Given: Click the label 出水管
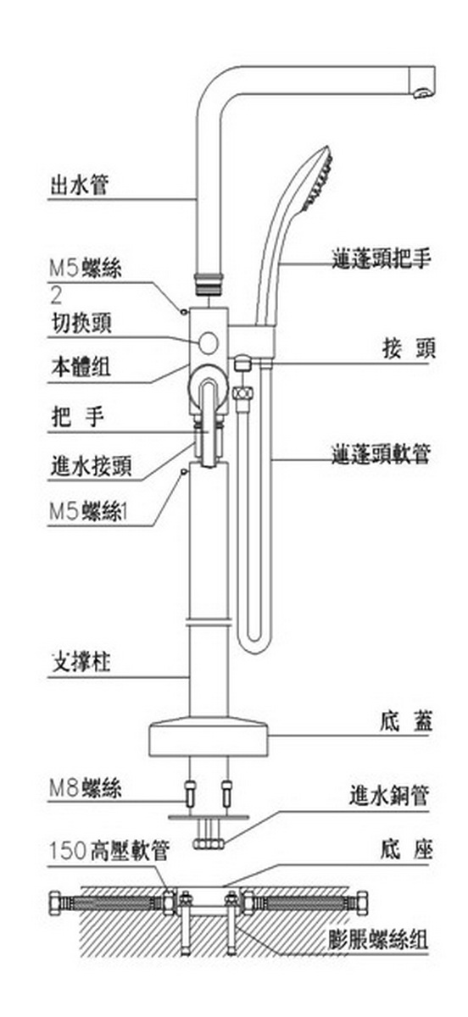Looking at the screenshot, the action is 80,186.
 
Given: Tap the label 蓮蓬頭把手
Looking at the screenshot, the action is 381,258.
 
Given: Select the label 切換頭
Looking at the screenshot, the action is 81,324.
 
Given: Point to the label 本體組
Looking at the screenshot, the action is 81,366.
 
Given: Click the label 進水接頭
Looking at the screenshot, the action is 92,466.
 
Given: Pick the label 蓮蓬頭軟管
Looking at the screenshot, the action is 381,454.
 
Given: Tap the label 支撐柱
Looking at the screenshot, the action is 81,663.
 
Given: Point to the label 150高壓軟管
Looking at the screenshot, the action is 109,850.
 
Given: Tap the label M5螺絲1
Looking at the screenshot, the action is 89,512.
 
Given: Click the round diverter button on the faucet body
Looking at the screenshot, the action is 209,342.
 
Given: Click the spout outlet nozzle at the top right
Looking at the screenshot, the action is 422,92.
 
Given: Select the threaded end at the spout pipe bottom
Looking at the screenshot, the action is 209,282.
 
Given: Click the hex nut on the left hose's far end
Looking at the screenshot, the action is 55,903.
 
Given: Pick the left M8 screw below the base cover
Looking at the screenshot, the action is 190,793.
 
